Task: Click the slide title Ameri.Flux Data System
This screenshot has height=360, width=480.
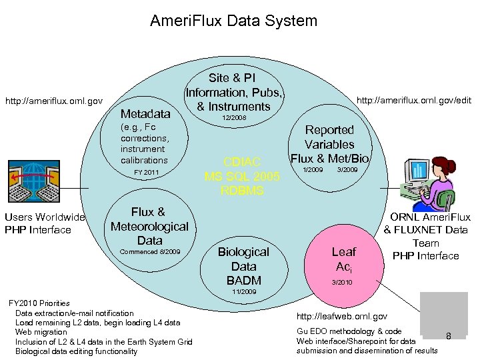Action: point(233,21)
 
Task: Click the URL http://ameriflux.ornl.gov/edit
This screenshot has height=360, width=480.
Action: point(414,101)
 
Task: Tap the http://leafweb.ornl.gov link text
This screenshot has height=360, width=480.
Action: point(341,315)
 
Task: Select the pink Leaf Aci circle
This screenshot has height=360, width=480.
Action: point(344,259)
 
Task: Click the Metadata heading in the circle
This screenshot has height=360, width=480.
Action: point(145,114)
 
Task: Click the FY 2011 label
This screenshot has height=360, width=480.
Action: point(146,173)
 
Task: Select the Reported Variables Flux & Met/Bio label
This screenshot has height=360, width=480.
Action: point(329,144)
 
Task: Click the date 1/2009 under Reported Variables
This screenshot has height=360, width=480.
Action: point(313,170)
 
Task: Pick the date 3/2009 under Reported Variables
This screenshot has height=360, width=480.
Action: point(347,170)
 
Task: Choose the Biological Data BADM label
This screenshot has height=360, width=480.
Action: point(243,266)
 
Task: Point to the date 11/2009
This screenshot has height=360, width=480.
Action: point(243,292)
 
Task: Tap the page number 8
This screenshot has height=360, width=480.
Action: point(449,337)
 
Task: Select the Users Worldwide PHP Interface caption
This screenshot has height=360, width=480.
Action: point(45,223)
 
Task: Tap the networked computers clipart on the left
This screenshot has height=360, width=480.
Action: point(41,182)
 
